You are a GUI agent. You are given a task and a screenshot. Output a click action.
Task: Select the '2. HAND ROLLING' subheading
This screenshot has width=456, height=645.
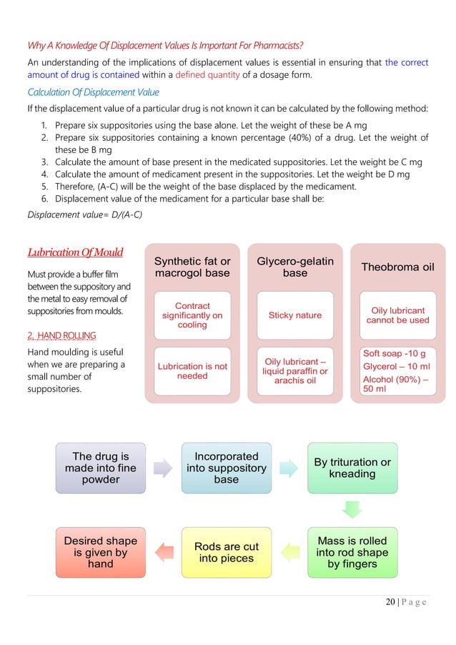(61, 335)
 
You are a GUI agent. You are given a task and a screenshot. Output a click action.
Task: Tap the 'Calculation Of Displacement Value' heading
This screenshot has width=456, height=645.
(93, 92)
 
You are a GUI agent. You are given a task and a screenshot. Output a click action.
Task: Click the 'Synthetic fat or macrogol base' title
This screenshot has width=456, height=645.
(192, 267)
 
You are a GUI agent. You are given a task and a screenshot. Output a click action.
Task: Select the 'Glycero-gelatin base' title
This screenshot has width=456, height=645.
(295, 267)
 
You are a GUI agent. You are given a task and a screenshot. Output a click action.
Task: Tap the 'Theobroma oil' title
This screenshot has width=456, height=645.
(397, 267)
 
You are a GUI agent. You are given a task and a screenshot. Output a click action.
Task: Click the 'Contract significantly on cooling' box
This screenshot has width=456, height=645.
(192, 315)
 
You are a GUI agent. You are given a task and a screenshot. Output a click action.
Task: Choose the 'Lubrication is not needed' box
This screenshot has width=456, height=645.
(192, 371)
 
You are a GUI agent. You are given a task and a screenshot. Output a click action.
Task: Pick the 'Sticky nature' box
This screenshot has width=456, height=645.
(295, 315)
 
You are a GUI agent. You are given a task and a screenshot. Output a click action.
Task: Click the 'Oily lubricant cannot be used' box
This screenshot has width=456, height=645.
(397, 315)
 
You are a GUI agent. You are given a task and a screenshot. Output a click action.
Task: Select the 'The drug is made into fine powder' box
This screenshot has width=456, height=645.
(101, 468)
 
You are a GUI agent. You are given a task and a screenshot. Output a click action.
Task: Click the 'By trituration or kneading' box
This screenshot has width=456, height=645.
(353, 468)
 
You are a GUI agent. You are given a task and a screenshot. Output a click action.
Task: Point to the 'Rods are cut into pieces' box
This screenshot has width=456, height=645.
(227, 552)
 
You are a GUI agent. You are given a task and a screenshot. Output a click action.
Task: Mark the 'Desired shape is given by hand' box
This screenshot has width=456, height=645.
(101, 552)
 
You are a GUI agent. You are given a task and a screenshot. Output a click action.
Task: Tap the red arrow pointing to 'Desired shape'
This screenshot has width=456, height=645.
(164, 551)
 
